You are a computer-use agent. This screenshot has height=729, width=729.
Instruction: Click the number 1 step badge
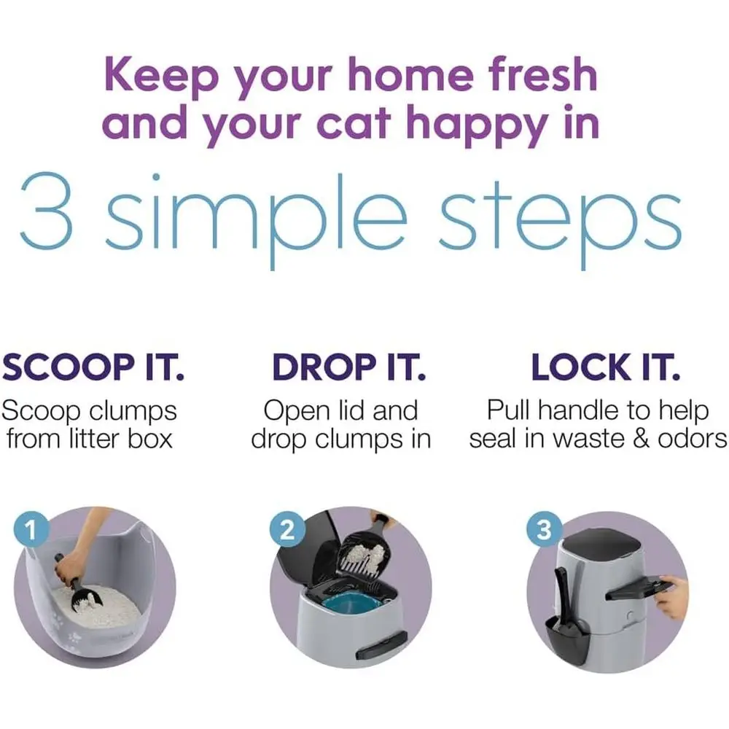[x=31, y=529]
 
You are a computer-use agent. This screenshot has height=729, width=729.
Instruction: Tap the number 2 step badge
[x=287, y=529]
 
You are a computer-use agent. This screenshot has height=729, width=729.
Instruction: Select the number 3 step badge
[x=544, y=529]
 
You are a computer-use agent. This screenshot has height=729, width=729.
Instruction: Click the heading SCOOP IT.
[x=93, y=367]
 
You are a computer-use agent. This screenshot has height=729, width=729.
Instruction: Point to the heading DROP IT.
[x=349, y=367]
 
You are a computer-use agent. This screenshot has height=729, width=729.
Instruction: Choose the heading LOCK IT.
[x=605, y=367]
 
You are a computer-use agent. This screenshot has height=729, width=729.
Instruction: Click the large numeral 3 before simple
[x=47, y=211]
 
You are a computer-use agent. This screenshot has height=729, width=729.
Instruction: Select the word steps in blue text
[x=560, y=222]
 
